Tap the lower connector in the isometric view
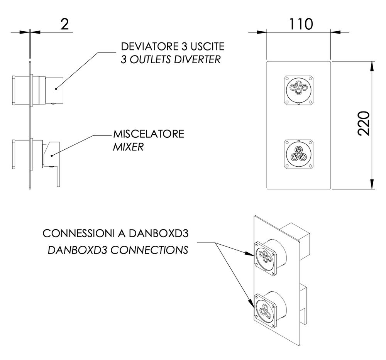(x=266, y=308)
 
